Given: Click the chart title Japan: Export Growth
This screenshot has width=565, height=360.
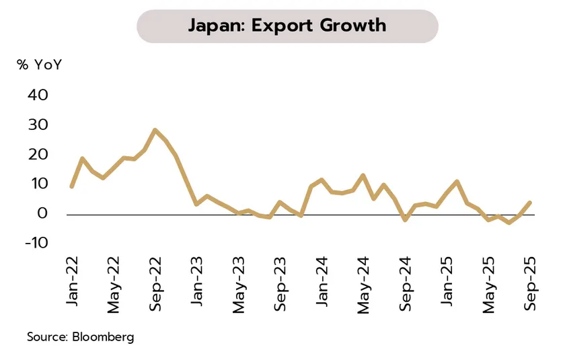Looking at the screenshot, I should tap(287, 26).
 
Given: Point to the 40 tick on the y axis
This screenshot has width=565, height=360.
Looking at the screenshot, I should tap(38, 96).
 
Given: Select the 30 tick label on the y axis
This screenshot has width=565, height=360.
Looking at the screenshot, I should tap(38, 125).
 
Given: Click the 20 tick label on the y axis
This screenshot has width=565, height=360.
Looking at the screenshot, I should tap(38, 155).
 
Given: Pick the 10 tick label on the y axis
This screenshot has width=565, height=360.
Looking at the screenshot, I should tap(38, 184).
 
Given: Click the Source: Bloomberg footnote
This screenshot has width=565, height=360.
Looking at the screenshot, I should tap(80, 336).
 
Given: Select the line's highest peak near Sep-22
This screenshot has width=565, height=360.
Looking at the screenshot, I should tap(155, 130).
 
